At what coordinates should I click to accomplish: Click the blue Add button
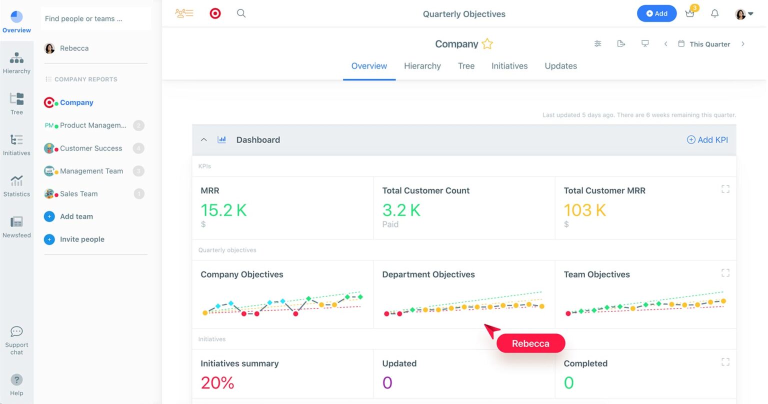pyautogui.click(x=656, y=13)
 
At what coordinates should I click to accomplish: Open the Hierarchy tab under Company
pyautogui.click(x=422, y=66)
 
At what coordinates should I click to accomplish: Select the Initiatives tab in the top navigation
pyautogui.click(x=509, y=66)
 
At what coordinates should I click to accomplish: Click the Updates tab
pyautogui.click(x=560, y=66)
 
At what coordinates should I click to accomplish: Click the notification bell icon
pyautogui.click(x=714, y=13)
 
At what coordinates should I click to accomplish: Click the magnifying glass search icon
pyautogui.click(x=241, y=13)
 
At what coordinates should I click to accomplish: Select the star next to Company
pyautogui.click(x=487, y=44)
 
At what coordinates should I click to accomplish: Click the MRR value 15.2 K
pyautogui.click(x=223, y=210)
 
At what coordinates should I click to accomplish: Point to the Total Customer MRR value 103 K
pyautogui.click(x=584, y=210)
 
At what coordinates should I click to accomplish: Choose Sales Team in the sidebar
pyautogui.click(x=78, y=194)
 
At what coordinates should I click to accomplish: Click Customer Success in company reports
pyautogui.click(x=90, y=148)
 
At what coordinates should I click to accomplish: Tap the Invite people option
pyautogui.click(x=82, y=239)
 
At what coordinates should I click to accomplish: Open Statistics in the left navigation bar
pyautogui.click(x=16, y=185)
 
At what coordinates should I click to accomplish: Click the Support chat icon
pyautogui.click(x=16, y=332)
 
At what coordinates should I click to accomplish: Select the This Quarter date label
pyautogui.click(x=709, y=44)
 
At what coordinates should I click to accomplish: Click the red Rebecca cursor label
pyautogui.click(x=530, y=343)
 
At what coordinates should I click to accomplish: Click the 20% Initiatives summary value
pyautogui.click(x=217, y=383)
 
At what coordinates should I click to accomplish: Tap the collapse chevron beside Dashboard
pyautogui.click(x=203, y=140)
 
